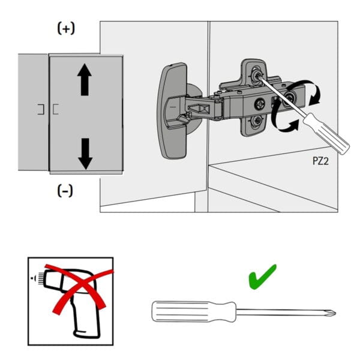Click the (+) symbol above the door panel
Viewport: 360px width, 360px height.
(65, 29)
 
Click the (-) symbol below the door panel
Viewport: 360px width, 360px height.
(65, 191)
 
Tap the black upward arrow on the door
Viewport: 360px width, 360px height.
(85, 80)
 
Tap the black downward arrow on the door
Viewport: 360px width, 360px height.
(85, 152)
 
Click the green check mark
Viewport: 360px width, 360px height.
(262, 278)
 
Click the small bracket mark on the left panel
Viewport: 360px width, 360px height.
(40, 109)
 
